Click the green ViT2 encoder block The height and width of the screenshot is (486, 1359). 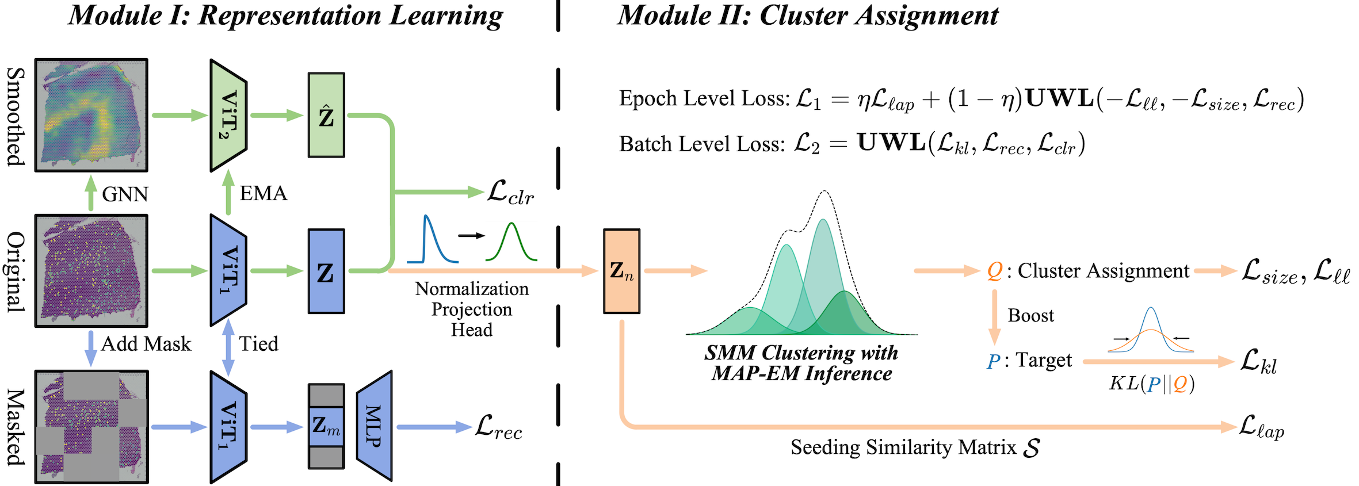tap(228, 115)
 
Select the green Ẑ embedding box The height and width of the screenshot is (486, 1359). tap(326, 115)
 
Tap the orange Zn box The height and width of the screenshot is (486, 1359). tap(621, 271)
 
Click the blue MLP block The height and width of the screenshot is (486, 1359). tap(374, 426)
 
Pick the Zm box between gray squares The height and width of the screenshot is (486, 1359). tap(326, 426)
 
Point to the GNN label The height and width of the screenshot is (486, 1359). tap(125, 194)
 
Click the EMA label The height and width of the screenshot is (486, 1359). tap(264, 193)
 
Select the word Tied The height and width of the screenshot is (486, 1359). tap(259, 344)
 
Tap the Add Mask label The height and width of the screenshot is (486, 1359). tap(146, 344)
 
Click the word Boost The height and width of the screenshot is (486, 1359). tap(1031, 315)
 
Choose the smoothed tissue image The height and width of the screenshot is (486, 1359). tap(91, 115)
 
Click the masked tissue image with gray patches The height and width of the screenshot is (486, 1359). tap(91, 426)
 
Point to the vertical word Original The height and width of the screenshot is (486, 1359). tap(16, 271)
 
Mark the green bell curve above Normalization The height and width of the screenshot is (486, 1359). tap(511, 242)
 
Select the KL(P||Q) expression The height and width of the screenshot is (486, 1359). tap(1152, 384)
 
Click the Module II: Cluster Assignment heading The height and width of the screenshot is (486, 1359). tap(808, 16)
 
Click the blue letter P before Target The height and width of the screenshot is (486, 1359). tap(994, 361)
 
